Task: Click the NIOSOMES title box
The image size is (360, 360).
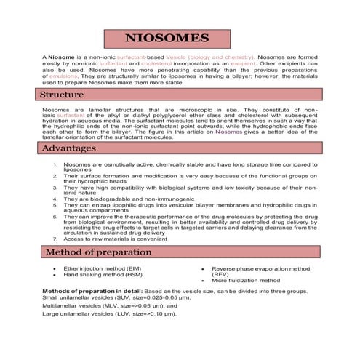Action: (167, 39)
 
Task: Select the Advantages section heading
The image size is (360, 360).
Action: (68, 148)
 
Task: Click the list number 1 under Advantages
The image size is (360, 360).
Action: (55, 164)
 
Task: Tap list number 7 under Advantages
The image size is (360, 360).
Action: (55, 239)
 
